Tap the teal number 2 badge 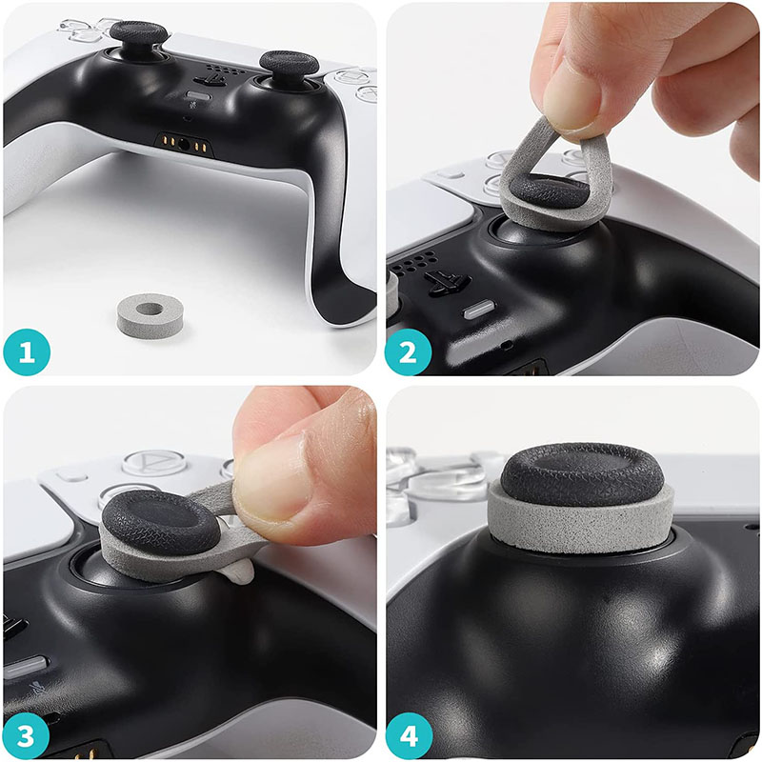pyautogui.click(x=408, y=352)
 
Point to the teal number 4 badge pyautogui.click(x=408, y=736)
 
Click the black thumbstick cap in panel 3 pyautogui.click(x=163, y=520)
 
